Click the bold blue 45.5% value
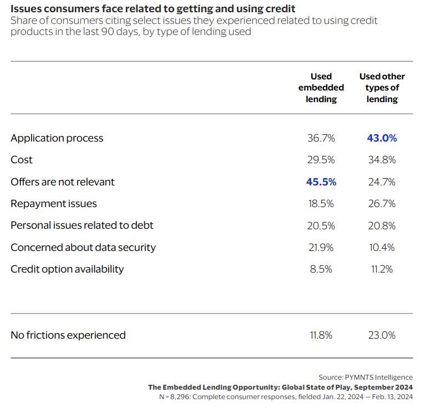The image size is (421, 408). [x=321, y=182]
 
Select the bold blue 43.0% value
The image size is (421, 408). [x=382, y=138]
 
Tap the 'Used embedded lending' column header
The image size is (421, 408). [x=321, y=88]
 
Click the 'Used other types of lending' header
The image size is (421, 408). [x=382, y=88]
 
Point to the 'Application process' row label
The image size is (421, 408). [x=57, y=138]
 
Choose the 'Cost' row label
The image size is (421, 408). [x=22, y=160]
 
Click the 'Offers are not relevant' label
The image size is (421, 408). [x=63, y=182]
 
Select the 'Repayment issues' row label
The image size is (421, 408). [x=54, y=204]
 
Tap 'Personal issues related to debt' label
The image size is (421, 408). [x=82, y=225]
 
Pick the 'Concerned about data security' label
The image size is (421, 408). [x=83, y=248]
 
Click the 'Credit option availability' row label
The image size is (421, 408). [x=67, y=269]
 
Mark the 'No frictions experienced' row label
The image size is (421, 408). [x=68, y=335]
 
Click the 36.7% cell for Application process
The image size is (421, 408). [x=321, y=138]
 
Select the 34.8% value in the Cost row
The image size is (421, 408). [x=382, y=160]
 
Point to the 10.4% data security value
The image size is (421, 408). [x=382, y=248]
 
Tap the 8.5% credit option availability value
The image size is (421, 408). [x=321, y=269]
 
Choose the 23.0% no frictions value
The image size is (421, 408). [x=382, y=335]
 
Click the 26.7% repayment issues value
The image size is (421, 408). [x=382, y=204]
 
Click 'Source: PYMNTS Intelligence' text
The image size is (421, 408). [x=366, y=377]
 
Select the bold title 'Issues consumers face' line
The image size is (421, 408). [x=153, y=9]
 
